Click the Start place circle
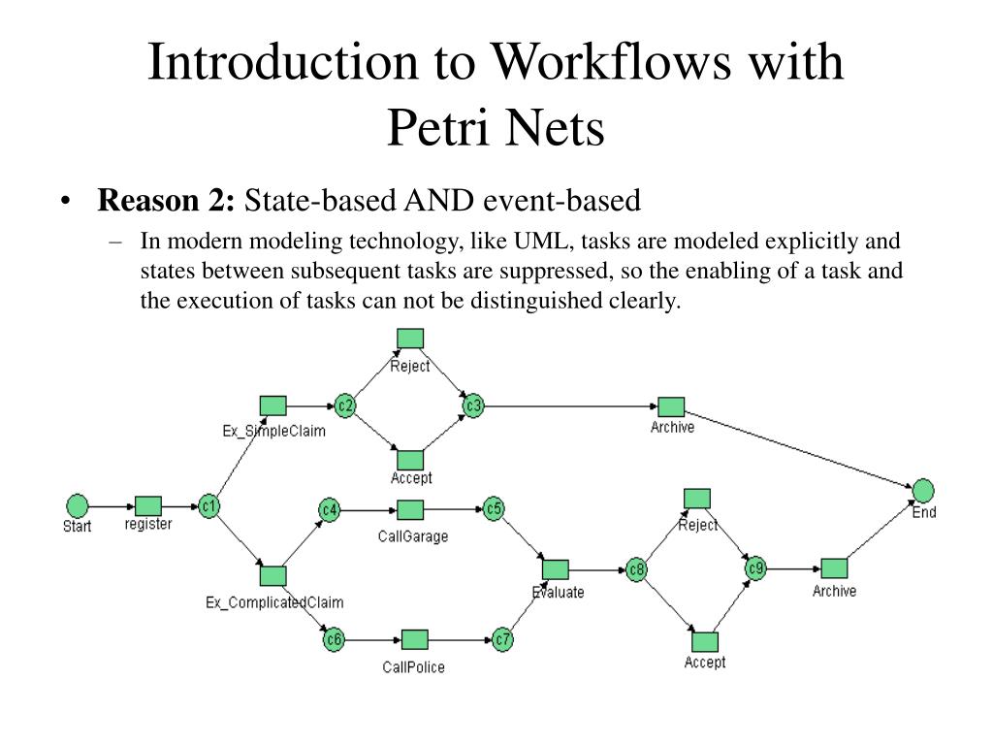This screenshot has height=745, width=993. (77, 505)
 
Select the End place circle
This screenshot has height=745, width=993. (922, 490)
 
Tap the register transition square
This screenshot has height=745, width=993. (148, 505)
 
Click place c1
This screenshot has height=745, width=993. (208, 505)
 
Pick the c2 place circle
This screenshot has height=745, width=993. (344, 405)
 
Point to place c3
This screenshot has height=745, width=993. (472, 405)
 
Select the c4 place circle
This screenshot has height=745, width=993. (330, 509)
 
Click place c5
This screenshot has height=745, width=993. (494, 508)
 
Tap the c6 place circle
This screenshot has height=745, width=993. (334, 639)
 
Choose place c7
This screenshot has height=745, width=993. (501, 639)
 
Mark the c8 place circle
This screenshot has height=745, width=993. (636, 569)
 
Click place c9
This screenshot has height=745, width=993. (755, 568)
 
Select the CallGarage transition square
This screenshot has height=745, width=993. (410, 510)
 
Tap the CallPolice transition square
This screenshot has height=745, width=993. (414, 640)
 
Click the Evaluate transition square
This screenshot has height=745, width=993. (556, 569)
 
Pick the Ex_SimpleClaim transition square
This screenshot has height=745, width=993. (273, 405)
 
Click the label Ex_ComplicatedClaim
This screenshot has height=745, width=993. (274, 602)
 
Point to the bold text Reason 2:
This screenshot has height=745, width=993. (167, 201)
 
